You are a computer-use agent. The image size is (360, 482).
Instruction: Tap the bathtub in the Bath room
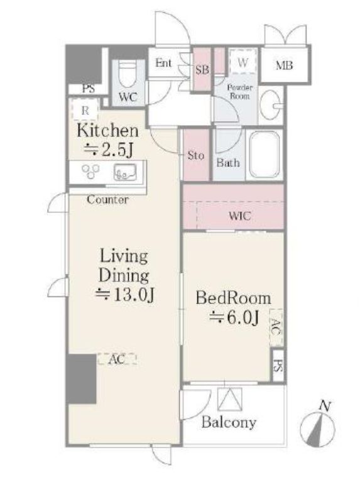(265, 155)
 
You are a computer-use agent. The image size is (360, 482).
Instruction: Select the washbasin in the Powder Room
(271, 104)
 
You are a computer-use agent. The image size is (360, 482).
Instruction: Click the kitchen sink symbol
(125, 172)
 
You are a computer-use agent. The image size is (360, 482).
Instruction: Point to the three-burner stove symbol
(90, 171)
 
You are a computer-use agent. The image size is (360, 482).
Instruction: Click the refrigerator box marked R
(85, 110)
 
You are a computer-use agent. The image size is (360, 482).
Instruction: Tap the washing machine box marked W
(243, 62)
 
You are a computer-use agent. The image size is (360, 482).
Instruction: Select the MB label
(284, 65)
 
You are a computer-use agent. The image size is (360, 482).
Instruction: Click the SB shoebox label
(202, 70)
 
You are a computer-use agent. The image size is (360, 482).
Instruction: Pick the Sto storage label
(196, 155)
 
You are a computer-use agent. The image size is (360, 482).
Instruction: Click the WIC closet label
(239, 216)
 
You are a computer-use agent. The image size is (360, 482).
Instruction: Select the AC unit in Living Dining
(117, 359)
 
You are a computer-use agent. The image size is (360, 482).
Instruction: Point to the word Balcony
(229, 423)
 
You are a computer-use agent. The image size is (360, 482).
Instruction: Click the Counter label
(107, 199)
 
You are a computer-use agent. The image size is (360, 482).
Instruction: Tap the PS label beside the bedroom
(278, 366)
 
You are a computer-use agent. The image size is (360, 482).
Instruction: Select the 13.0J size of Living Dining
(124, 295)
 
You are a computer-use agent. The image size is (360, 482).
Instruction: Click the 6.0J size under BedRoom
(234, 317)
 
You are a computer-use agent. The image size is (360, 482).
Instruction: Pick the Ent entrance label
(163, 63)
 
